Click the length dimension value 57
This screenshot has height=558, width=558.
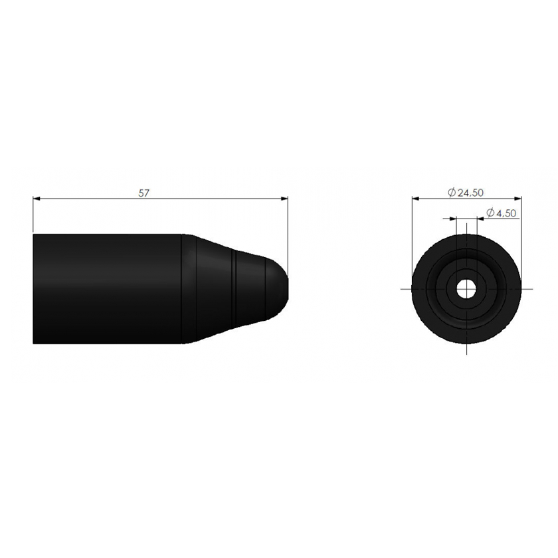click(x=143, y=193)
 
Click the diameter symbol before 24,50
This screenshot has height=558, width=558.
click(x=452, y=193)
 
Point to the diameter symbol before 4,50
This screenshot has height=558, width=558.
click(x=490, y=213)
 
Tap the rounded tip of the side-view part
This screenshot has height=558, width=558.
click(x=282, y=288)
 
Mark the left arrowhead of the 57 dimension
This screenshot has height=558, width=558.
click(x=37, y=198)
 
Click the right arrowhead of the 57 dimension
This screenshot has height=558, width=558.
click(x=285, y=198)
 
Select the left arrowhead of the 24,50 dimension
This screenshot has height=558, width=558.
click(x=415, y=197)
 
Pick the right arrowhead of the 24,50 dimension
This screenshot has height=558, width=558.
click(x=518, y=197)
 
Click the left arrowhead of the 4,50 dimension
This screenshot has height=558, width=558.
click(x=454, y=218)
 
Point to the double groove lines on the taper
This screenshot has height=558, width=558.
click(x=235, y=288)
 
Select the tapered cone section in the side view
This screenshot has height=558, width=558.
click(x=213, y=288)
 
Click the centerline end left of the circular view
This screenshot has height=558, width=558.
click(x=403, y=288)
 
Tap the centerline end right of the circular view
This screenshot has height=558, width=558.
click(x=531, y=288)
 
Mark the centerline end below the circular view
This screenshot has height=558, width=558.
click(x=467, y=353)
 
